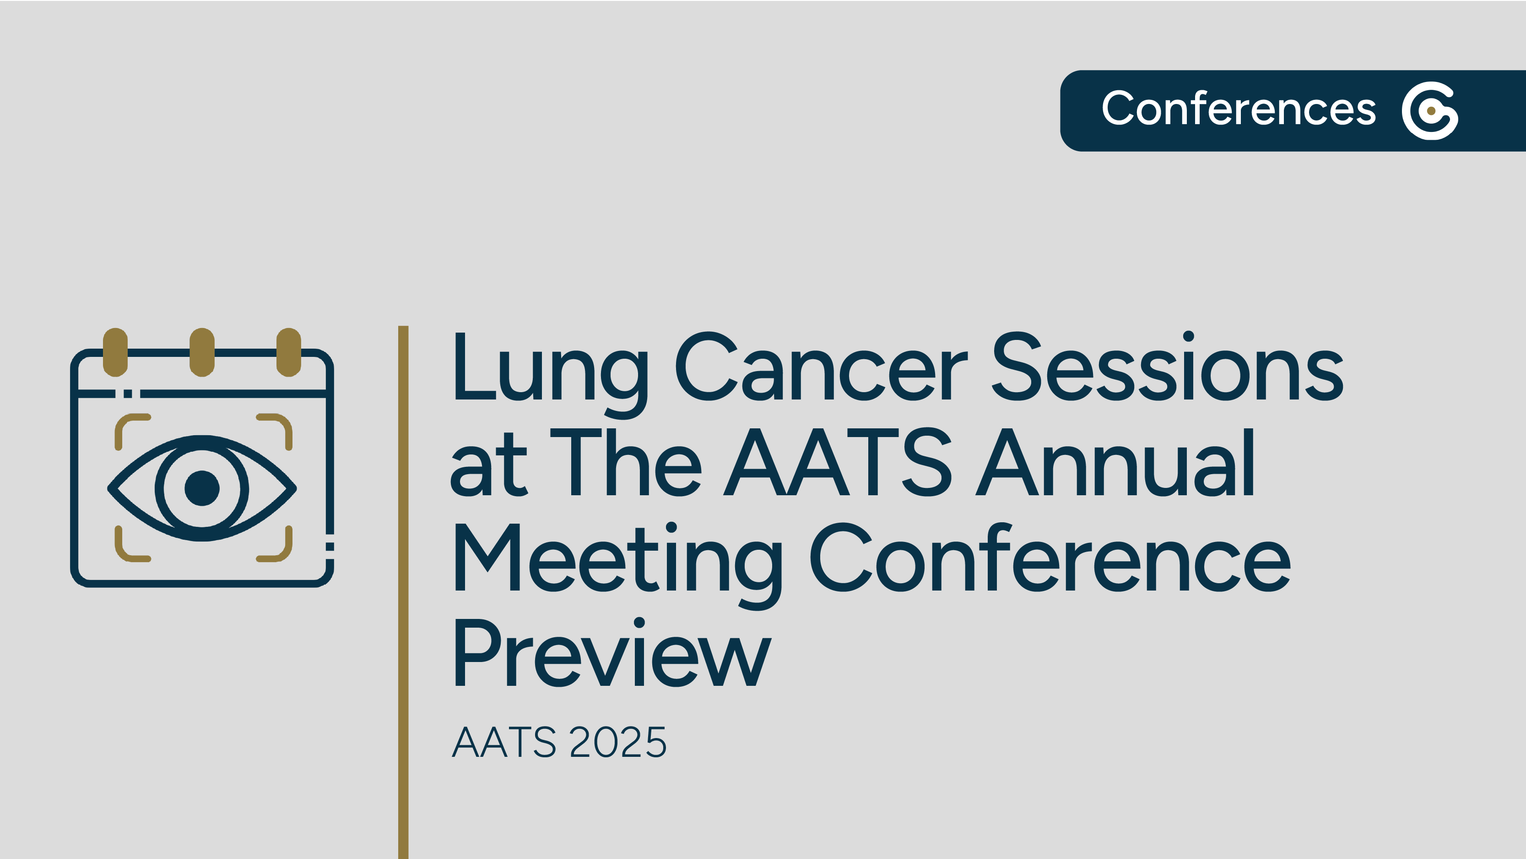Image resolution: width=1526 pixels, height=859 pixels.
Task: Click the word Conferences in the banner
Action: pos(1239,109)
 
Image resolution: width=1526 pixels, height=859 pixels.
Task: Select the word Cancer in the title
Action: pos(822,366)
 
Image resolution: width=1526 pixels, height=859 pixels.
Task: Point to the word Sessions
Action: pos(1168,366)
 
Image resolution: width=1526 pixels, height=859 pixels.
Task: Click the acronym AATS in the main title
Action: pos(838,462)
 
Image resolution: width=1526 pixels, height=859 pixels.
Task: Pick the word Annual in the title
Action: pos(1115,462)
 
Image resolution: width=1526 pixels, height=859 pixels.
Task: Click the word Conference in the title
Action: pos(1050,557)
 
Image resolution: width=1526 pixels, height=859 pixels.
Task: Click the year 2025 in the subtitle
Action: pos(618,742)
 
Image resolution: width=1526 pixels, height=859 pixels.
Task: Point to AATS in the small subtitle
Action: pos(504,742)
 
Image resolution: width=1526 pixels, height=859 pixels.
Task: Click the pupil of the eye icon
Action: pos(202,488)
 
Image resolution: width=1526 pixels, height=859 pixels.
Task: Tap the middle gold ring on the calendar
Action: pos(202,352)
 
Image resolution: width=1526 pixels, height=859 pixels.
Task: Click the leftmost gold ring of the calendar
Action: pos(115,352)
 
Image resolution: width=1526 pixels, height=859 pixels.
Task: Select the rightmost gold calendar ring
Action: pos(289,352)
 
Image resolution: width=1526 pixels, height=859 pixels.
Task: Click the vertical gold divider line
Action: pos(403,592)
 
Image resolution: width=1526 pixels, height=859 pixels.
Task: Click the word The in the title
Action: pos(626,462)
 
